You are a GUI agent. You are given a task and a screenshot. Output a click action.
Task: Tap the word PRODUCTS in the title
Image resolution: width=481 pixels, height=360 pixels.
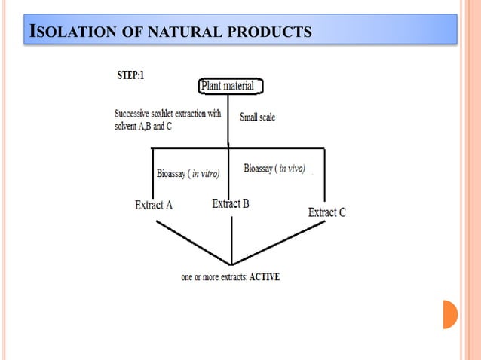coord(270,32)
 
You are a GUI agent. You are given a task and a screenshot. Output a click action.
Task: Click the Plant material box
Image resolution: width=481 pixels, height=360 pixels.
coord(231,86)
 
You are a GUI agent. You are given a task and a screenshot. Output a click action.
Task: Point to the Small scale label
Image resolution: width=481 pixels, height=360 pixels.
coord(257,117)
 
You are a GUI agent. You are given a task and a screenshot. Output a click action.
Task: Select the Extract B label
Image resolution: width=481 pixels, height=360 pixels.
coord(231,203)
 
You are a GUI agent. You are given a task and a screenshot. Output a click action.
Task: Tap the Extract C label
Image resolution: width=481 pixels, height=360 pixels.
coord(327,212)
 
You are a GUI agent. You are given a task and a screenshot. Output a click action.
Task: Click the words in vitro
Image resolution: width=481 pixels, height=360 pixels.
coord(205,174)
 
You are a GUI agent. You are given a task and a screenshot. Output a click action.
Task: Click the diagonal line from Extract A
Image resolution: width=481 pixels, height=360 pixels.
coord(192,242)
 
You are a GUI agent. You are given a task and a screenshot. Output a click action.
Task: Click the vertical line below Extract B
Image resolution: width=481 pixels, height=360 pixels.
coord(231,237)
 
